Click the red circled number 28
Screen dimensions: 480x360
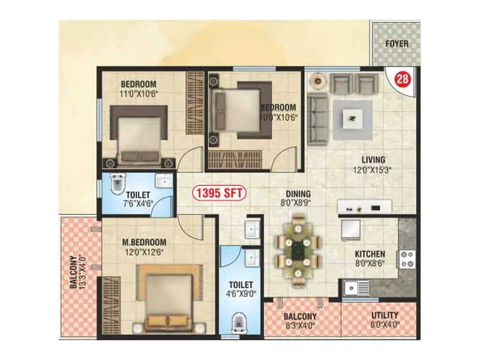[403, 79]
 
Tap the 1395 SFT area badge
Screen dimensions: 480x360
[219, 193]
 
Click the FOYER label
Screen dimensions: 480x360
[397, 44]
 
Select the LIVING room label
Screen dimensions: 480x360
[373, 160]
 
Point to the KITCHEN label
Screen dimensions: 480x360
[370, 254]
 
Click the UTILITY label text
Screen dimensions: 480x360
[385, 316]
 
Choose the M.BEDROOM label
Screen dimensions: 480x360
[144, 242]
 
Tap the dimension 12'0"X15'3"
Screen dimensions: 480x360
[372, 170]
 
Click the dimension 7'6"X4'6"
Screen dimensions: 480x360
[137, 204]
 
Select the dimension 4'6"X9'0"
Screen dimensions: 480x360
[241, 294]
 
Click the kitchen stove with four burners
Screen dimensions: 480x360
[407, 259]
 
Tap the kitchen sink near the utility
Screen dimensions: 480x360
[356, 289]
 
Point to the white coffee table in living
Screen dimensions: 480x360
[353, 119]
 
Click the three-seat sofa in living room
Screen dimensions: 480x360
[317, 119]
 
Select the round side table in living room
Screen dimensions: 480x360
[318, 80]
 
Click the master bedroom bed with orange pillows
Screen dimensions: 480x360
[169, 298]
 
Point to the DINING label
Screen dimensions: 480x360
[298, 194]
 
